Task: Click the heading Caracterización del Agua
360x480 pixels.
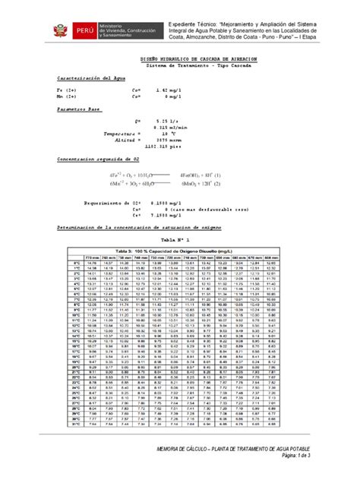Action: point(84,78)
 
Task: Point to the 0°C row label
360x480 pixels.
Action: point(75,264)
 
